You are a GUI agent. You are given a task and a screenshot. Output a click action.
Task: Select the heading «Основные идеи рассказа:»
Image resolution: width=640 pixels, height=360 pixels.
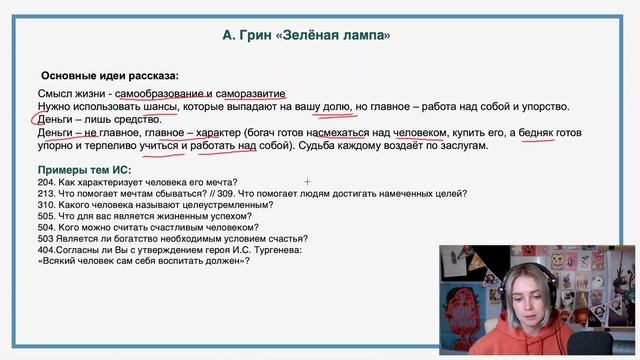[x=110, y=75]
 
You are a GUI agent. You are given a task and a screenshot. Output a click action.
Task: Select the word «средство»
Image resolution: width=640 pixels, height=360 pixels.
[x=134, y=119]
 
